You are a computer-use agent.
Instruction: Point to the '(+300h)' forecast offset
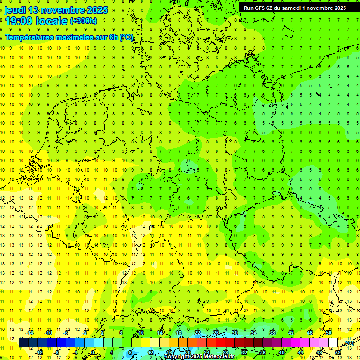click(83, 21)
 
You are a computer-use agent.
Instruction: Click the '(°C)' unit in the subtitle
click(127, 37)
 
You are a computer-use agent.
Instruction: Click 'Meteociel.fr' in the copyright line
click(219, 357)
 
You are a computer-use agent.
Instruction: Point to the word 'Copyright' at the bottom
click(177, 357)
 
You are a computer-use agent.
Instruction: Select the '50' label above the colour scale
click(328, 333)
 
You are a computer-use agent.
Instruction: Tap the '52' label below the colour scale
click(338, 352)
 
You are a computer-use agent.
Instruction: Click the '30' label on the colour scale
click(234, 333)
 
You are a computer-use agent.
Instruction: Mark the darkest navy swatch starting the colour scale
click(23, 343)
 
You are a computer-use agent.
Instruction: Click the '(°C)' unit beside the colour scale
click(348, 343)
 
